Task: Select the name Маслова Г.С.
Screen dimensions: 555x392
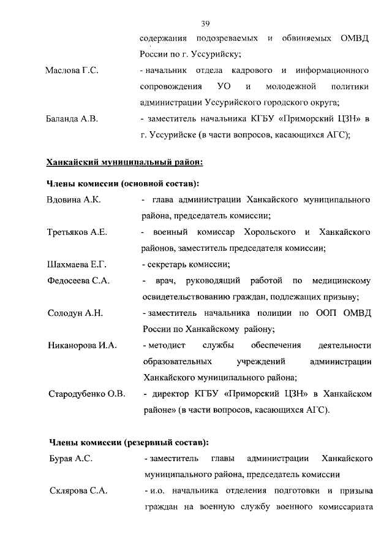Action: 72,71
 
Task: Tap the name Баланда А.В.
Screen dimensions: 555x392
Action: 72,119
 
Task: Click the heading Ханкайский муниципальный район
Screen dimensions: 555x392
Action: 124,162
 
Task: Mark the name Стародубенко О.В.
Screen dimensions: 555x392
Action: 86,394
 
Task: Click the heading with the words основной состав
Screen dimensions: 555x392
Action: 123,183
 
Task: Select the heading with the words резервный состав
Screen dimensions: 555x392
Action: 128,442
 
